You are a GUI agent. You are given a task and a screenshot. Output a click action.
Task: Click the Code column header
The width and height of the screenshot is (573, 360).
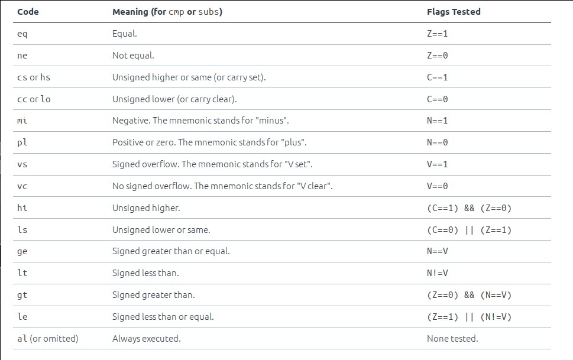pyautogui.click(x=28, y=12)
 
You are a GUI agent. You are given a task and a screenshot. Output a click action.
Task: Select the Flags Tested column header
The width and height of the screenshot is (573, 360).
pyautogui.click(x=454, y=12)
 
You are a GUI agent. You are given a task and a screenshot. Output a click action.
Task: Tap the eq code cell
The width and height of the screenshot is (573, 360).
pyautogui.click(x=22, y=34)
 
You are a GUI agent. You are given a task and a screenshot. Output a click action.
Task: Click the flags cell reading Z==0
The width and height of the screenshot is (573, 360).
pyautogui.click(x=437, y=56)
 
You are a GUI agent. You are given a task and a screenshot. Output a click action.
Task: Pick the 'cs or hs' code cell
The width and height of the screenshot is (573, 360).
pyautogui.click(x=34, y=77)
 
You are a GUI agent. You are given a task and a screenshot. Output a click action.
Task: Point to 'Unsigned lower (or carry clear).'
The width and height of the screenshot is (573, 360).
pyautogui.click(x=174, y=99)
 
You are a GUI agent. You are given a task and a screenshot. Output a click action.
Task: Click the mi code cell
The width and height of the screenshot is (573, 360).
pyautogui.click(x=22, y=121)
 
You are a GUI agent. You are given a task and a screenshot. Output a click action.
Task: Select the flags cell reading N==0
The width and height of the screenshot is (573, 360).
pyautogui.click(x=437, y=142)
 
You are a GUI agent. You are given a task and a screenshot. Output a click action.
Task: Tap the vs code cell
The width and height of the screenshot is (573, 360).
pyautogui.click(x=22, y=164)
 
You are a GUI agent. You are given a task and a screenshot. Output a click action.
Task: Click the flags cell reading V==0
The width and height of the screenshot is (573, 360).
pyautogui.click(x=437, y=186)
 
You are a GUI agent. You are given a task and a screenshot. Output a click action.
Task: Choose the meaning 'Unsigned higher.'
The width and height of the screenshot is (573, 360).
pyautogui.click(x=146, y=208)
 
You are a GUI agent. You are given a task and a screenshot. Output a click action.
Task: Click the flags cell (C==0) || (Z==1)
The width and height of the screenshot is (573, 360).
pyautogui.click(x=469, y=230)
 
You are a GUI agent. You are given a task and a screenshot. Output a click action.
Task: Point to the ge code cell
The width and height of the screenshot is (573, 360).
pyautogui.click(x=22, y=251)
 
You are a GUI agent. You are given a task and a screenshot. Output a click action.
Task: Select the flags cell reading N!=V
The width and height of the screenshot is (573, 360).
pyautogui.click(x=437, y=273)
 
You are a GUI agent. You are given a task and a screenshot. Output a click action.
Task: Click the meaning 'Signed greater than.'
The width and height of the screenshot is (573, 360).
pyautogui.click(x=154, y=295)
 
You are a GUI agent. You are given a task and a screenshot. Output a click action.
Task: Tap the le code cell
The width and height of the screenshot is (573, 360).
pyautogui.click(x=22, y=316)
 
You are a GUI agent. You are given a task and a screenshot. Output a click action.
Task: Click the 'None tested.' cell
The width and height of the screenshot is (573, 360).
pyautogui.click(x=452, y=339)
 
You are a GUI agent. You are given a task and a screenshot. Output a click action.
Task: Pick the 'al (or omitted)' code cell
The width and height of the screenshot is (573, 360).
pyautogui.click(x=47, y=339)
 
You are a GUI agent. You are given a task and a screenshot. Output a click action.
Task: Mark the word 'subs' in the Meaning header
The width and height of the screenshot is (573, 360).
pyautogui.click(x=209, y=12)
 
